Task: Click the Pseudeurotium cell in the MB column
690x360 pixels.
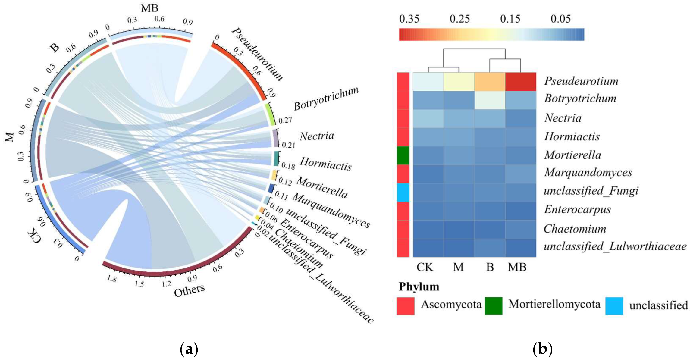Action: point(521,82)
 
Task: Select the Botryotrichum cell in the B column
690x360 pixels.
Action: point(490,100)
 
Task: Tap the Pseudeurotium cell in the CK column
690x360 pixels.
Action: point(428,82)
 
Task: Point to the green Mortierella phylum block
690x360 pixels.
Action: point(403,155)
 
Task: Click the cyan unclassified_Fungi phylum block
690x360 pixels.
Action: point(403,193)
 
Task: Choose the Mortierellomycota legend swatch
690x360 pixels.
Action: point(493,306)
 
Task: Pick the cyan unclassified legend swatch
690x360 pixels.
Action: point(614,306)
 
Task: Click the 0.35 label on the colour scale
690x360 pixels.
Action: point(409,19)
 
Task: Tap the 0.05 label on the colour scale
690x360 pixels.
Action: point(560,19)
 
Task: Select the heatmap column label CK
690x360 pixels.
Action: point(425,267)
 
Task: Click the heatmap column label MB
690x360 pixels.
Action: point(517,267)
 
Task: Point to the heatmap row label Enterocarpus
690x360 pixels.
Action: point(577,210)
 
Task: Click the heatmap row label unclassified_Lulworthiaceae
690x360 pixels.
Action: point(615,246)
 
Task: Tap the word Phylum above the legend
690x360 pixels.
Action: point(419,287)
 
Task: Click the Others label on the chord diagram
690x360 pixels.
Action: point(189,290)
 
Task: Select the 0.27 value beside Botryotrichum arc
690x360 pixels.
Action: point(285,121)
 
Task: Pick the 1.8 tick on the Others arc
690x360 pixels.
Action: point(111,279)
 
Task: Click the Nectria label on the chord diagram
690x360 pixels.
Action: point(317,136)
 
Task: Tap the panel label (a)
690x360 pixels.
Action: point(189,349)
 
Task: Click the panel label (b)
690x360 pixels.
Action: point(543,349)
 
